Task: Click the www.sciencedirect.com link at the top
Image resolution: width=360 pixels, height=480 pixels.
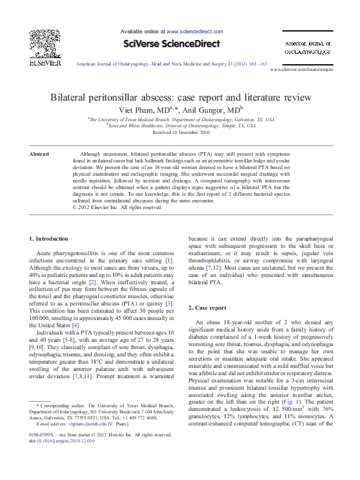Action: pyautogui.click(x=193, y=30)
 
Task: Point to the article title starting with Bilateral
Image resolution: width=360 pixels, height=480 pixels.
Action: pyautogui.click(x=180, y=97)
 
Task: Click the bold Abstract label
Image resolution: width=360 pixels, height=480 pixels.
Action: pyautogui.click(x=40, y=154)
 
